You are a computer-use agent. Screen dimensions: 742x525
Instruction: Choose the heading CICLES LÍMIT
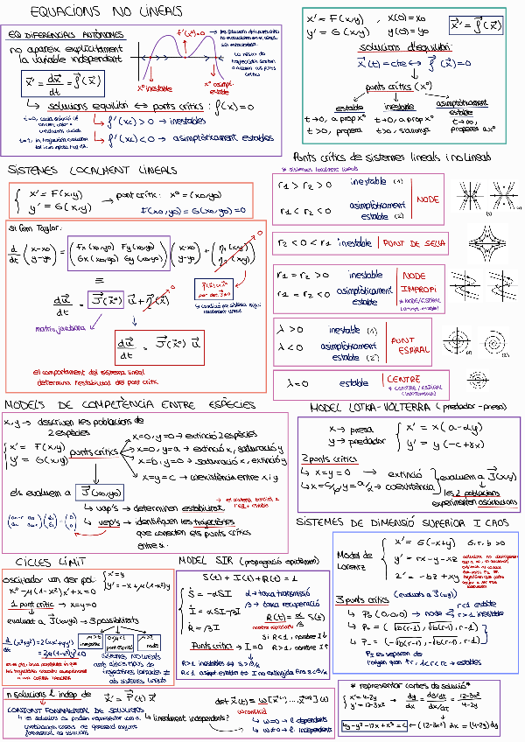click(x=50, y=561)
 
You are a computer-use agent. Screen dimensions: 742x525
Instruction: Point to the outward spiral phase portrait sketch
click(x=460, y=339)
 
